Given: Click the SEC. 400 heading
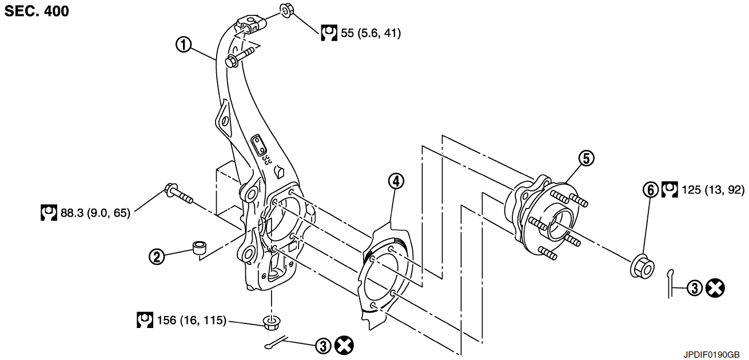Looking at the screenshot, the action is tap(37, 11).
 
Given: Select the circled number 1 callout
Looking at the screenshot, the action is tap(184, 45).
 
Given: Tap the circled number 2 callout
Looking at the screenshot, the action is tap(157, 257).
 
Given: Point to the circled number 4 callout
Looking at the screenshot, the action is tap(396, 181).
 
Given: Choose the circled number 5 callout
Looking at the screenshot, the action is tap(587, 158).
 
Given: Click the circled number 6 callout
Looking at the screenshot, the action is tap(651, 190).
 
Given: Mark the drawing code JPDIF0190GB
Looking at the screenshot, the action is tap(711, 354).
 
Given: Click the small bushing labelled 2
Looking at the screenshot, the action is tap(200, 247).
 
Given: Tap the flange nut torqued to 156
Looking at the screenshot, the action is tap(272, 322).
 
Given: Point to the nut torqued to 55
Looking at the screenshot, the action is tap(287, 10).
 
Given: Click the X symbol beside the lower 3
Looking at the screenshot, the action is tap(344, 346).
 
